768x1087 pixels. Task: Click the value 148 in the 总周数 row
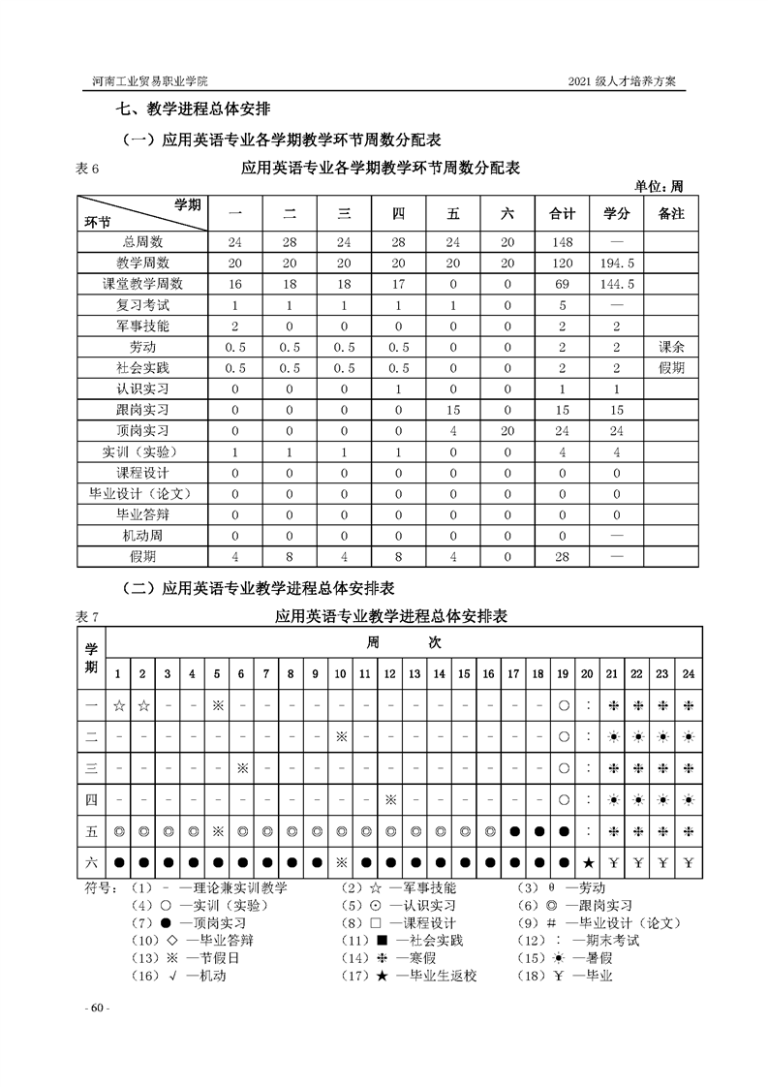[x=563, y=241]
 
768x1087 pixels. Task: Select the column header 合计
[x=563, y=214]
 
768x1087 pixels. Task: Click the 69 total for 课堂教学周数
[x=563, y=284]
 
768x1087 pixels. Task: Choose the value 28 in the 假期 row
[x=563, y=557]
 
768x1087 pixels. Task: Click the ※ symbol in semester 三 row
[x=242, y=768]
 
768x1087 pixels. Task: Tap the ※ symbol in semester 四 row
[x=389, y=800]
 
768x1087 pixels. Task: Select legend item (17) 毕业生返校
[x=426, y=976]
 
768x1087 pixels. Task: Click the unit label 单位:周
[x=660, y=186]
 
